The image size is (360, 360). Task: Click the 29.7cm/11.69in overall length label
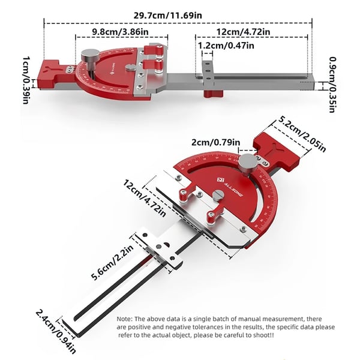tap(168, 16)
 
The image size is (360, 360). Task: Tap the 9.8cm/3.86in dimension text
tap(121, 31)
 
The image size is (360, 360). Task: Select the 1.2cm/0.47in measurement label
tap(226, 45)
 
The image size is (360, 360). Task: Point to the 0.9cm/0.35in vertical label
tap(333, 85)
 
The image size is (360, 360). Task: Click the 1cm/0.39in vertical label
tap(26, 80)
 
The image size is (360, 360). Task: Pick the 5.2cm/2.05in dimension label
tap(302, 134)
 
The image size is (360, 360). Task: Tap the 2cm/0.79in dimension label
tap(216, 142)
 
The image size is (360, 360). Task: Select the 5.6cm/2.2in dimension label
tap(112, 262)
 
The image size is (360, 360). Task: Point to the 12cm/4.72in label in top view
tap(243, 31)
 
